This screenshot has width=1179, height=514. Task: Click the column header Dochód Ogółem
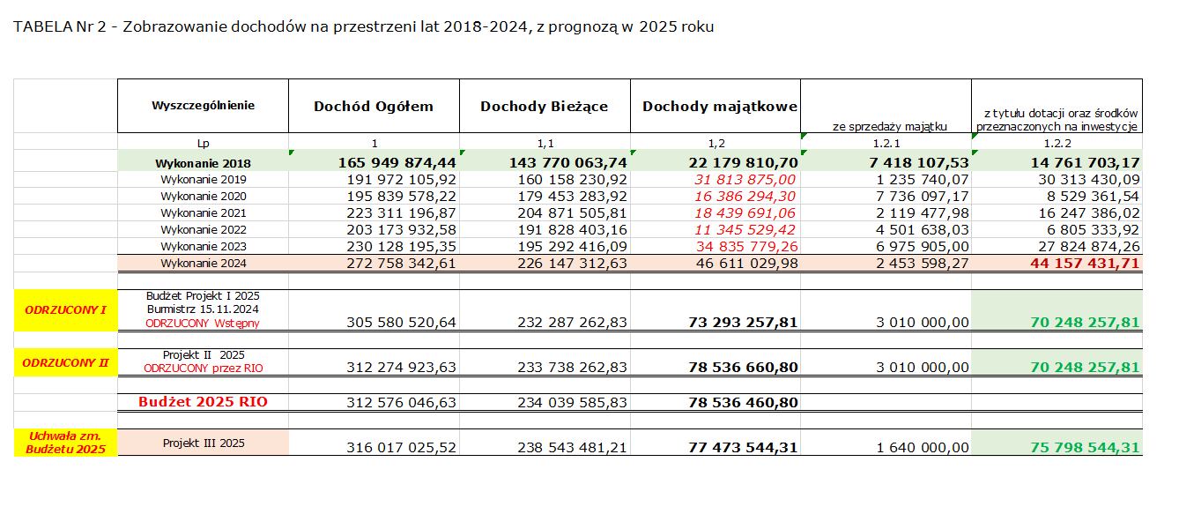pyautogui.click(x=374, y=107)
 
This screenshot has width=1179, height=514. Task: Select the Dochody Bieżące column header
pyautogui.click(x=544, y=107)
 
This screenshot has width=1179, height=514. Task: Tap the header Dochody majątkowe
pyautogui.click(x=720, y=107)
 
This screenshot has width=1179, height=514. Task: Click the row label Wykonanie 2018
pyautogui.click(x=203, y=163)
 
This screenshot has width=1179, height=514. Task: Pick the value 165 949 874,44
pyautogui.click(x=397, y=162)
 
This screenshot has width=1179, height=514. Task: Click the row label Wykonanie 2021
pyautogui.click(x=203, y=212)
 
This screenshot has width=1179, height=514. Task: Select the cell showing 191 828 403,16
pyautogui.click(x=568, y=229)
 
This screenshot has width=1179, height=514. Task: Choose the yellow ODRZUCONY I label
pyautogui.click(x=66, y=309)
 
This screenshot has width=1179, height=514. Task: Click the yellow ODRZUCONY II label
pyautogui.click(x=66, y=361)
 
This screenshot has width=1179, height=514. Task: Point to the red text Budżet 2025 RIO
pyautogui.click(x=203, y=402)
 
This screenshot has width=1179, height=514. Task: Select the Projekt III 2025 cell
pyautogui.click(x=203, y=443)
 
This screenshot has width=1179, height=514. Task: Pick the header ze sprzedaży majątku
pyautogui.click(x=889, y=126)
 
